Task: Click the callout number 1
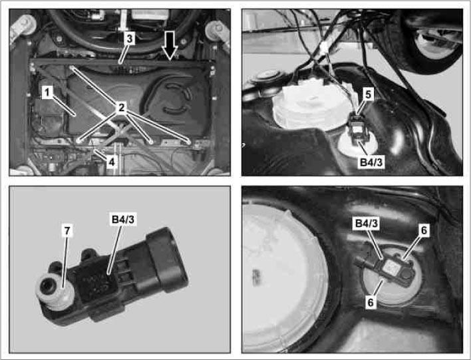click(x=47, y=92)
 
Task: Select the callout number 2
click(x=121, y=107)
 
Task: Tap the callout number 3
click(x=129, y=39)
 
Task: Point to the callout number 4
click(x=112, y=162)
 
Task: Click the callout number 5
click(x=368, y=94)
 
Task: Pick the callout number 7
click(x=67, y=230)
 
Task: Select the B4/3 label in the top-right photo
click(x=371, y=162)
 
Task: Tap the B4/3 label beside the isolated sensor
click(x=123, y=220)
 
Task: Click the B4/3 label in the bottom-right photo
click(x=367, y=224)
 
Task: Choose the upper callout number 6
click(x=424, y=230)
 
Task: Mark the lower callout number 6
click(x=371, y=302)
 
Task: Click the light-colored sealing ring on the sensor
click(x=55, y=293)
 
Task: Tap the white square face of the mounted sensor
click(x=391, y=266)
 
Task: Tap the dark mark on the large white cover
click(x=257, y=275)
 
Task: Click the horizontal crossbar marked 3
click(x=121, y=63)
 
